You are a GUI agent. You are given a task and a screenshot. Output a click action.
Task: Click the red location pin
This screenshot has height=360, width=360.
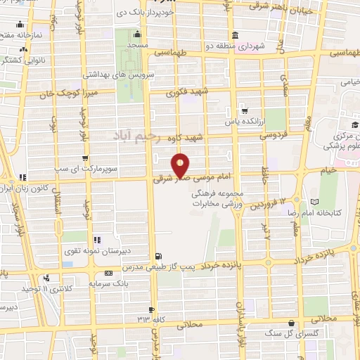click(x=181, y=165)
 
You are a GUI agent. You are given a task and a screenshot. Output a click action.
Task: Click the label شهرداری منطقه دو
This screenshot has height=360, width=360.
click(x=264, y=46)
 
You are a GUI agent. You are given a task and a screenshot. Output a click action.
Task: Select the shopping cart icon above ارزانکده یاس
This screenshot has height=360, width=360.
click(x=244, y=110)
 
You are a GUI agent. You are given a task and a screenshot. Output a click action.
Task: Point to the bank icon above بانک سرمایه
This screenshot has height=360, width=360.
click(x=108, y=272)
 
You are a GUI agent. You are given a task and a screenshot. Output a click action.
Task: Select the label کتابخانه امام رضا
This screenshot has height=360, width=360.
click(x=323, y=212)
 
